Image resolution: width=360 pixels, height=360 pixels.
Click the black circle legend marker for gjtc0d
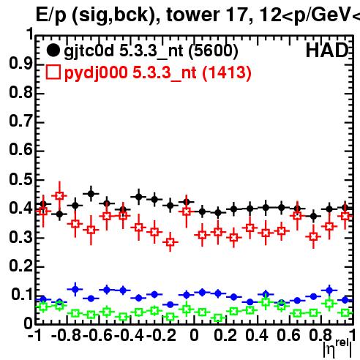click(x=53, y=50)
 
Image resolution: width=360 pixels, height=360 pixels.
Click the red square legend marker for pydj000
click(x=53, y=72)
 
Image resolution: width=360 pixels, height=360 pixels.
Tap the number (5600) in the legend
click(x=214, y=51)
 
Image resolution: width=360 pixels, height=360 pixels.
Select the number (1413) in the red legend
click(x=227, y=72)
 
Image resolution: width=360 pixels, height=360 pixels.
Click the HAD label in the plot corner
click(x=326, y=50)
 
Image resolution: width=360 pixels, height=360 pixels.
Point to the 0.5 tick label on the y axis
click(x=21, y=179)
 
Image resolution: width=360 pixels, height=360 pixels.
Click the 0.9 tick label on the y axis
click(x=21, y=64)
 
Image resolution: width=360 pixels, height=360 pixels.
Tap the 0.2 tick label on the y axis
click(x=21, y=266)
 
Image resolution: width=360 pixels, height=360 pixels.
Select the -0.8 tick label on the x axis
click(x=66, y=335)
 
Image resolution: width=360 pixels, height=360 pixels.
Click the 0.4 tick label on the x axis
click(x=257, y=335)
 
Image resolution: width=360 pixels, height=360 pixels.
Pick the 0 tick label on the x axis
click(x=194, y=335)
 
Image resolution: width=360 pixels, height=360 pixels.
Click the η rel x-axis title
click(x=337, y=348)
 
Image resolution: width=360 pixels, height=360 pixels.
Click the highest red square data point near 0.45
click(x=59, y=195)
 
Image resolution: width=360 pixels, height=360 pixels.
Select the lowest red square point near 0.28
click(x=170, y=242)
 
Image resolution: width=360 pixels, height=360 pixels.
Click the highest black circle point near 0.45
click(x=91, y=194)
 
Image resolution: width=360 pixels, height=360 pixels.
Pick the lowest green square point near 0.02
click(x=218, y=318)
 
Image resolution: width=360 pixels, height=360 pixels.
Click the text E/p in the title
click(x=51, y=15)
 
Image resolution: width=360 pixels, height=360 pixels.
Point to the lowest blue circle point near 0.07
click(x=170, y=304)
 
